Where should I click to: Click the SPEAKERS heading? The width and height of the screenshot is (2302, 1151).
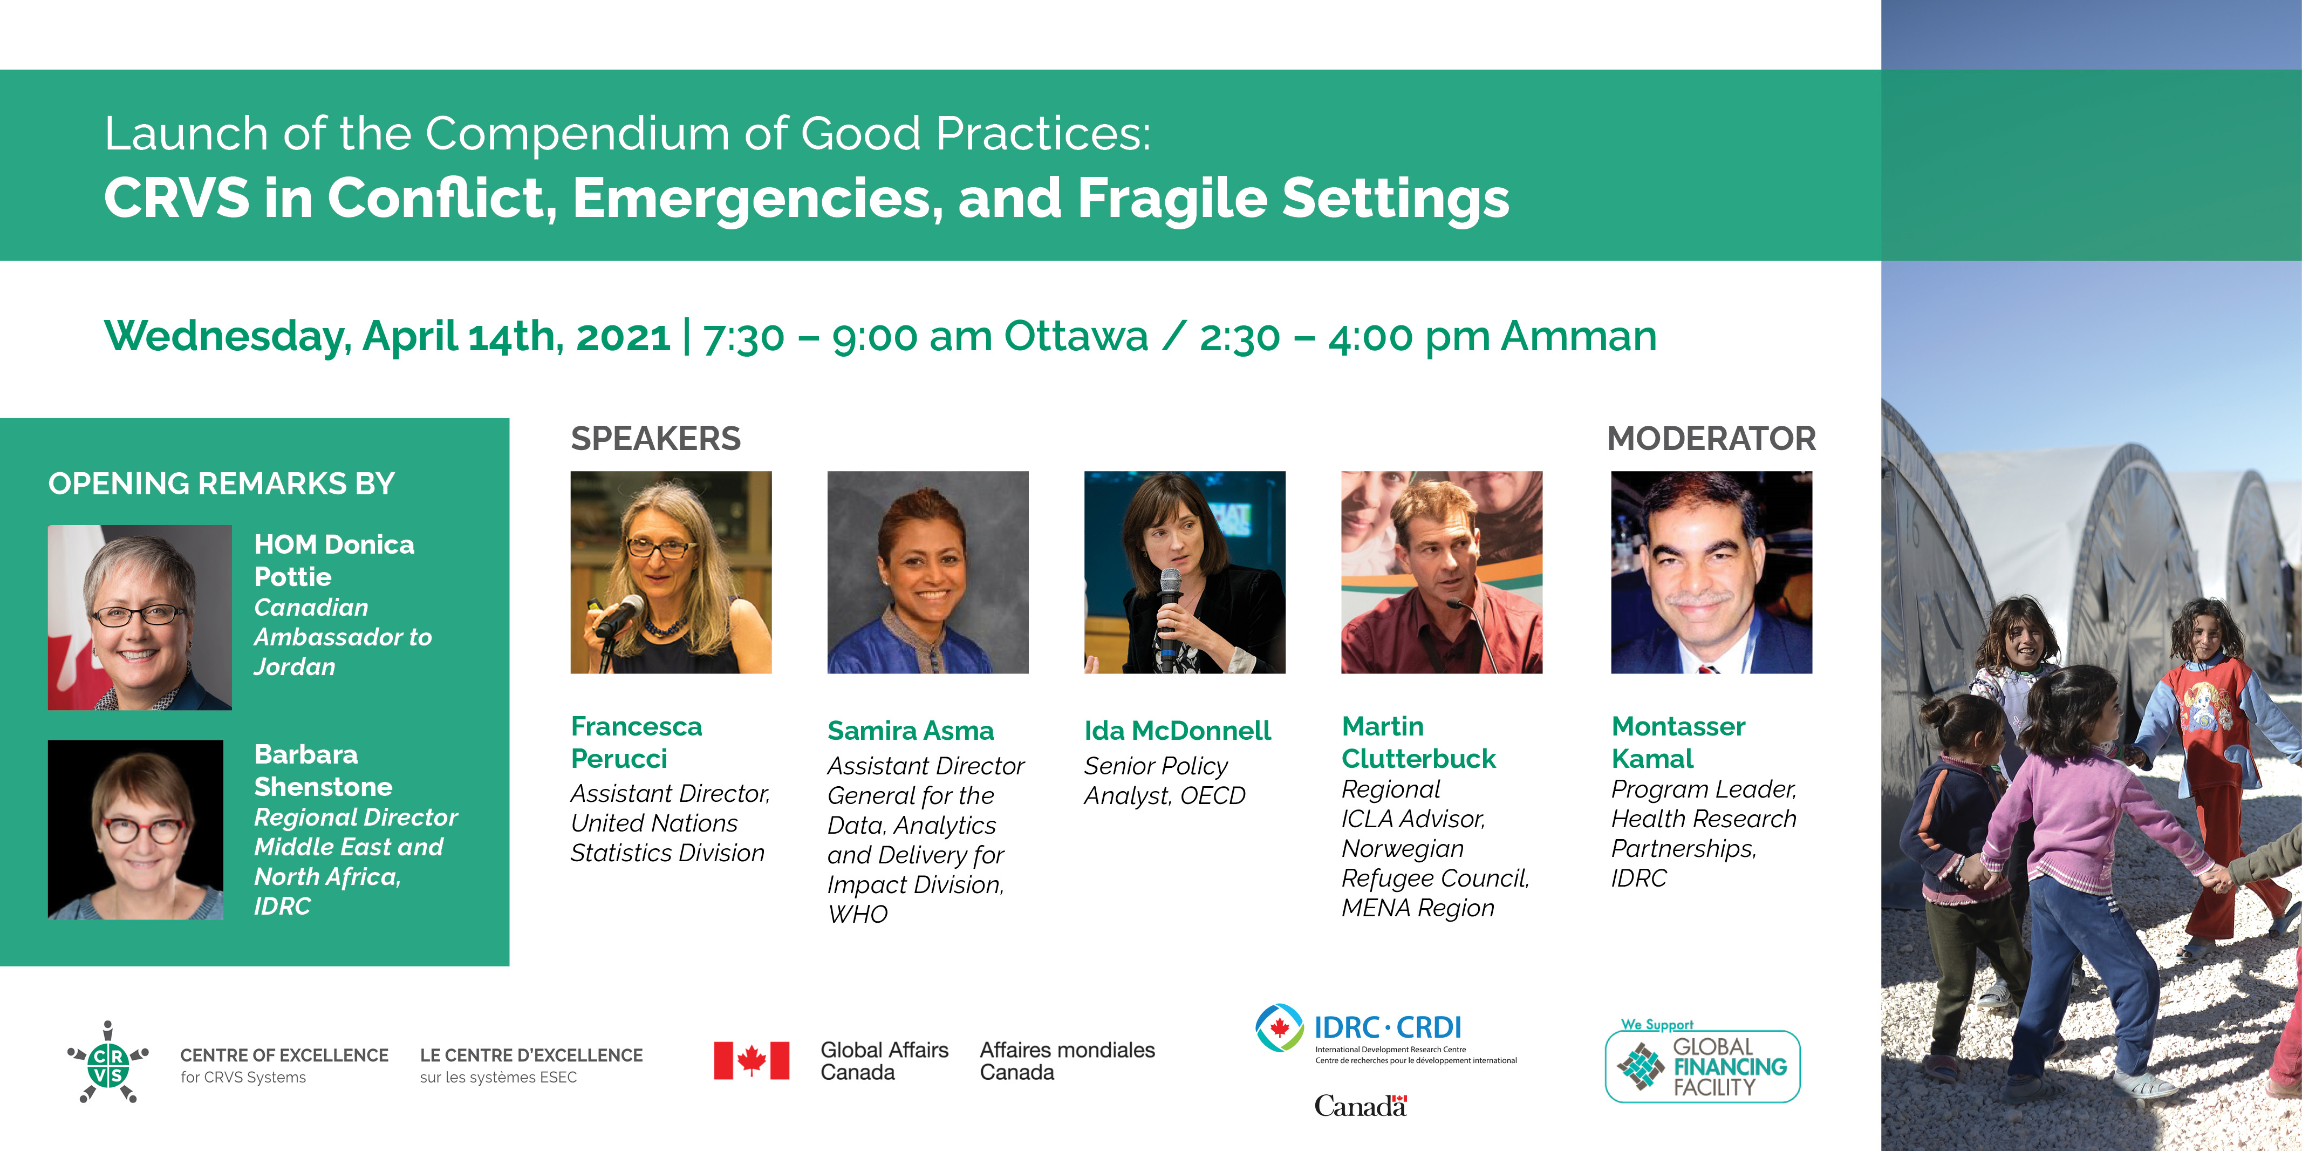656,439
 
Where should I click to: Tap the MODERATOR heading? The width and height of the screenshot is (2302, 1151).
1711,439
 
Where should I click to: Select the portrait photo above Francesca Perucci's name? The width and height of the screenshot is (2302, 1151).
671,572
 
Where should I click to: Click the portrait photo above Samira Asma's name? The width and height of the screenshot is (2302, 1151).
927,572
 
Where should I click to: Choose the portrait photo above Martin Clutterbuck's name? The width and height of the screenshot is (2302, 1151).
1442,572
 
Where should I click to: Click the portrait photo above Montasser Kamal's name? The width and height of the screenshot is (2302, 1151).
1711,572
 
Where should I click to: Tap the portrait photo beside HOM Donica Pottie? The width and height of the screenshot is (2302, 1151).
139,617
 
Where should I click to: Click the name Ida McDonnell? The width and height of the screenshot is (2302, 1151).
1177,731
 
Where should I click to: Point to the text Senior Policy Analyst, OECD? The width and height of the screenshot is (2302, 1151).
1164,781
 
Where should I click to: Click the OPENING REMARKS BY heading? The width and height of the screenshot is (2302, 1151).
222,483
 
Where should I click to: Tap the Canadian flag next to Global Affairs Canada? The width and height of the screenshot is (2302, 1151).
752,1061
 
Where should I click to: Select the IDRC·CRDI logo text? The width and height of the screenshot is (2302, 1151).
1388,1027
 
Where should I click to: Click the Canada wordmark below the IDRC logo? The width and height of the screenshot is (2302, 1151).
1360,1106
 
